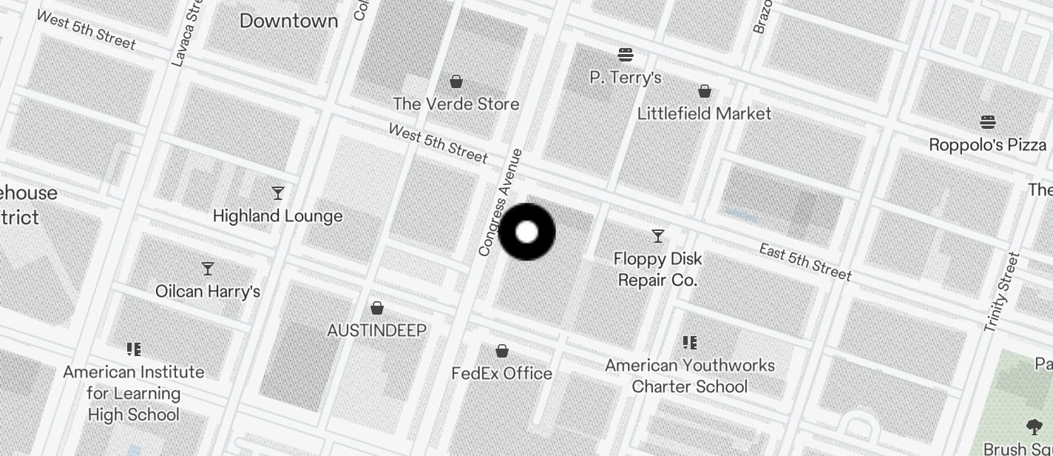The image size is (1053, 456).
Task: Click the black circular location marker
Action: [x=526, y=232]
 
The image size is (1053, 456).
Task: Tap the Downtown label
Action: [x=288, y=21]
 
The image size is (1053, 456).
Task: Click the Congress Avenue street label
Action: [x=501, y=203]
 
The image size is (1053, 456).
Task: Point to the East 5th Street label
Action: [x=805, y=261]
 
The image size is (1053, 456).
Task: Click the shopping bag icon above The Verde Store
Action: [x=457, y=81]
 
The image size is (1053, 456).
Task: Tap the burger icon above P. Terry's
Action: [x=626, y=54]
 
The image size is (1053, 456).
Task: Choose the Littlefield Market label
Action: [x=704, y=113]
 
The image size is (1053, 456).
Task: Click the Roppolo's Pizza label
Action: [x=987, y=144]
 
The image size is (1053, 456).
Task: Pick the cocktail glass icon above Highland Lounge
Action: [x=278, y=193]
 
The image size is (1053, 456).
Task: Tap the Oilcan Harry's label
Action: [x=208, y=291]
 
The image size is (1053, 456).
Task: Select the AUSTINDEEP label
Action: [x=376, y=330]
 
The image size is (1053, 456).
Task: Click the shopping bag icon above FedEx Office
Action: [x=502, y=350]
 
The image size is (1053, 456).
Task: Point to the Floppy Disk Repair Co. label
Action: [x=658, y=269]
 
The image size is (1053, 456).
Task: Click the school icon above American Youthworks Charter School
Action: [x=690, y=342]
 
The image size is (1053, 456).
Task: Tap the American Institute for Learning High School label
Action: [x=134, y=393]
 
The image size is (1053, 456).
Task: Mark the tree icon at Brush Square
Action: [x=1034, y=426]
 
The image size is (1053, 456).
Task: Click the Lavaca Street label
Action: [x=187, y=33]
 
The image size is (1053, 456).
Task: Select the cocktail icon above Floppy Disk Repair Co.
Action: [x=658, y=236]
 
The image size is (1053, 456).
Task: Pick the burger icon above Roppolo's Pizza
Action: [x=988, y=121]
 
